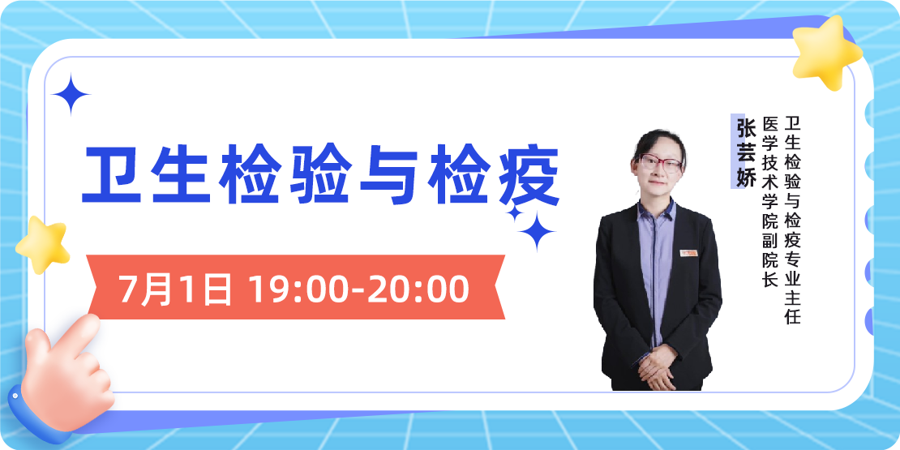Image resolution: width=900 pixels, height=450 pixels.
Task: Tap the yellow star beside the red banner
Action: pyautogui.click(x=42, y=243)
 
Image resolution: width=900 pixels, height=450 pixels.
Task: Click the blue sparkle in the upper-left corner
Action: pyautogui.click(x=71, y=94)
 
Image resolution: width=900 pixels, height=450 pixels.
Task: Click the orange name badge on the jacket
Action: pyautogui.click(x=690, y=252)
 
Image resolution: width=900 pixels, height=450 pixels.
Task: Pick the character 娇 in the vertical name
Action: pyautogui.click(x=744, y=174)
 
